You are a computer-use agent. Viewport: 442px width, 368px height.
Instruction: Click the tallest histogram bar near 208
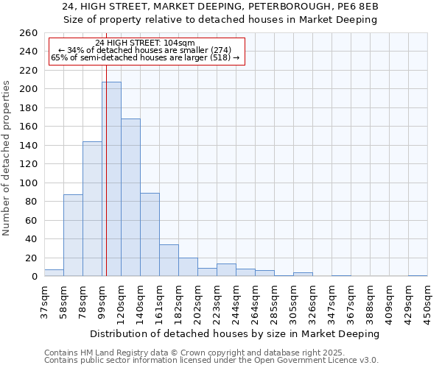(111, 179)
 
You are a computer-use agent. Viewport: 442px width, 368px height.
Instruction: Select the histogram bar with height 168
(130, 197)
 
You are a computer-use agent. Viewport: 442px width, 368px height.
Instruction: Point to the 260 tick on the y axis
(28, 33)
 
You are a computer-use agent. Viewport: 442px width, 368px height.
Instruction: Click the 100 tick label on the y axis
(28, 183)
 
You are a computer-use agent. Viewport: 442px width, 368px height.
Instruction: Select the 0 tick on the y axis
(34, 276)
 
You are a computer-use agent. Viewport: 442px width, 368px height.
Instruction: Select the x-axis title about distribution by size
(236, 334)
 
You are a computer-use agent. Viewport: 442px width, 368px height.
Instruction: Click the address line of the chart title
(221, 7)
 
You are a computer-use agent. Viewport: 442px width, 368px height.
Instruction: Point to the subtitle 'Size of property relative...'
(221, 20)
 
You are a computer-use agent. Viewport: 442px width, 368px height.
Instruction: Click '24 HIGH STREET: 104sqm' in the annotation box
(145, 43)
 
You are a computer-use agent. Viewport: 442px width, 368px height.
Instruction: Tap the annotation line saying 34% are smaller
(145, 50)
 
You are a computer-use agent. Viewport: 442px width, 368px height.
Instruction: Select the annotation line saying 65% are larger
(145, 57)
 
